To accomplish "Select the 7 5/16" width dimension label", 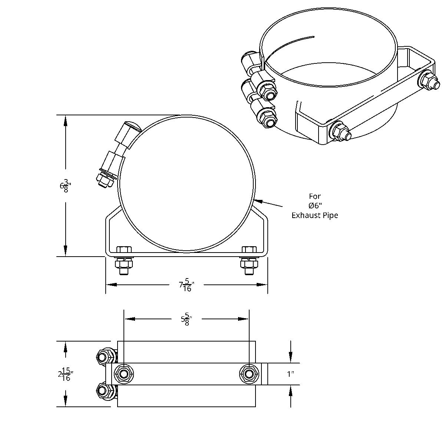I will (x=187, y=285).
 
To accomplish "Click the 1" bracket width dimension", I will (x=290, y=374).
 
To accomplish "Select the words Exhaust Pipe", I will (x=314, y=215).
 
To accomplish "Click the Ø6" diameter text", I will (x=315, y=205).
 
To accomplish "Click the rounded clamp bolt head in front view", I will (x=133, y=126).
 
